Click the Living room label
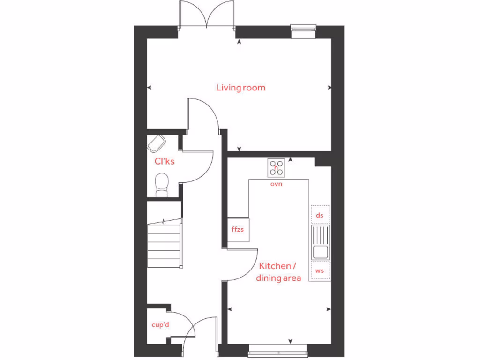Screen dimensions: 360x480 (240, 88)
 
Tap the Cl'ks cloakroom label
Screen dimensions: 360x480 (165, 161)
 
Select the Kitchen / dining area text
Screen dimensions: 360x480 (278, 272)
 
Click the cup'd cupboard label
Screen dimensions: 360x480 (160, 325)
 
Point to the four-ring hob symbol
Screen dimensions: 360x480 (276, 167)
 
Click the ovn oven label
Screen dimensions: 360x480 (276, 184)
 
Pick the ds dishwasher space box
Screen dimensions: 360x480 (320, 215)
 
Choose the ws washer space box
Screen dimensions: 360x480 (320, 271)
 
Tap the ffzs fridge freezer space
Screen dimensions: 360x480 (238, 230)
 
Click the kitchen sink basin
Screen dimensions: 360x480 (321, 252)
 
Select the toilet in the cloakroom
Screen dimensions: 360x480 (162, 184)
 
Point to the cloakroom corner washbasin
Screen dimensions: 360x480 (156, 143)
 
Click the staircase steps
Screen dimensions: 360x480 (164, 245)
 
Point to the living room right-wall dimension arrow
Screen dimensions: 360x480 (330, 88)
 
